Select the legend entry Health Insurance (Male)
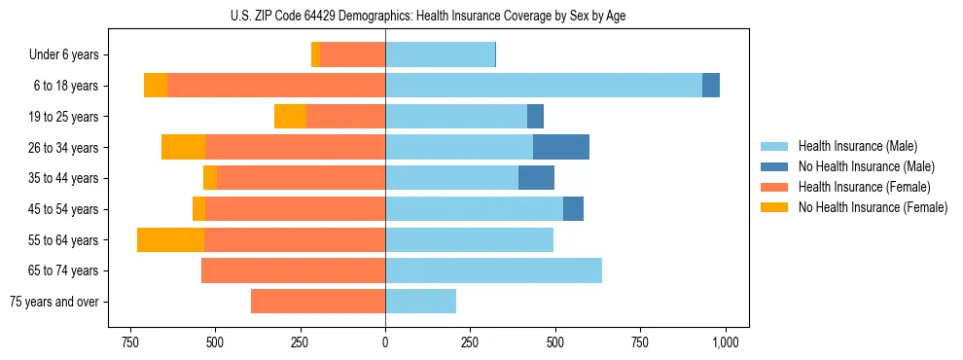[856, 146]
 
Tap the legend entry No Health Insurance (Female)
[873, 207]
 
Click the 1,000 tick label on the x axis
[725, 342]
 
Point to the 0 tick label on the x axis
[385, 342]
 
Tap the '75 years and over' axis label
[54, 302]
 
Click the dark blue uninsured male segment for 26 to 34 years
[561, 147]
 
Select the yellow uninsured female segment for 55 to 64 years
[170, 239]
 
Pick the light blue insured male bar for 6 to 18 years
[544, 86]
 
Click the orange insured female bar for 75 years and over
[318, 302]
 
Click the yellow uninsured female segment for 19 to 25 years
[290, 117]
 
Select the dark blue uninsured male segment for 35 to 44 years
[536, 178]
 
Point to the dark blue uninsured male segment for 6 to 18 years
[711, 86]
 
